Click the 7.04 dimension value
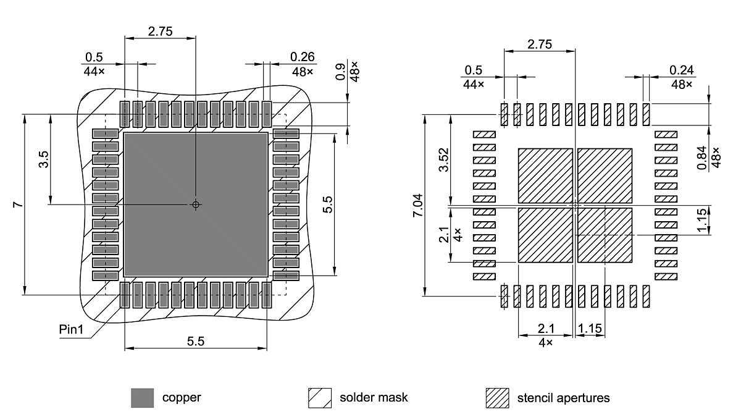[x=418, y=204]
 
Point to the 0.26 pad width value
[x=303, y=57]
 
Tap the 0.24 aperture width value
[x=682, y=70]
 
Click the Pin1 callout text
[x=71, y=329]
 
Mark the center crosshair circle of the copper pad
[x=196, y=204]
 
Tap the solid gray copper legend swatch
[x=142, y=398]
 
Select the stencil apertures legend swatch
[x=497, y=398]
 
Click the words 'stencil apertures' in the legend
[x=563, y=398]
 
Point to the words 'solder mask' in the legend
[x=374, y=398]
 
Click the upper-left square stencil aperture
[x=545, y=175]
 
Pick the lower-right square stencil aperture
[x=605, y=235]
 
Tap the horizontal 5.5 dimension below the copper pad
[x=196, y=342]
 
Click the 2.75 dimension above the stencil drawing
[x=539, y=44]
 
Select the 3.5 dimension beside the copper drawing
[x=43, y=159]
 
